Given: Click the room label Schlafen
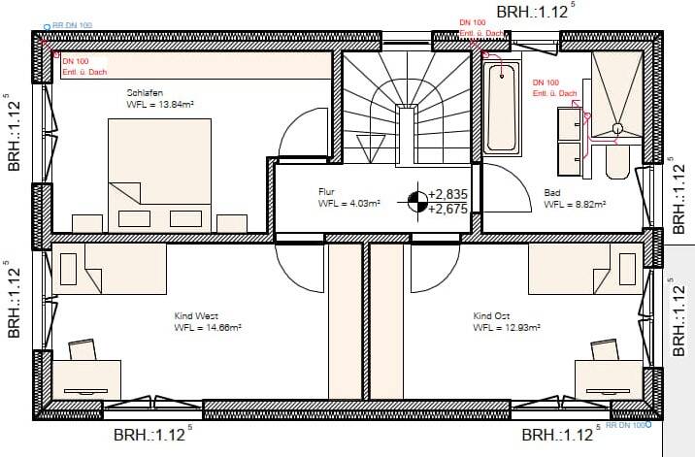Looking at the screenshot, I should [x=144, y=93].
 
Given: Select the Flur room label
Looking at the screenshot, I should [x=326, y=192].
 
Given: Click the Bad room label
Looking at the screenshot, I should [x=551, y=192].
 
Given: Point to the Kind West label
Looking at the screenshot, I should [x=197, y=316].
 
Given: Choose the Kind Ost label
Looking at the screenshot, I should [x=492, y=316].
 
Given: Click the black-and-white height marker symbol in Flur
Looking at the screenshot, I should [x=415, y=202].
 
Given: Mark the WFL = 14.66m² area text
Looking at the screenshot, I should [x=207, y=328].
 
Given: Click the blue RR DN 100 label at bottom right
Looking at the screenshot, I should [x=626, y=426].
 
